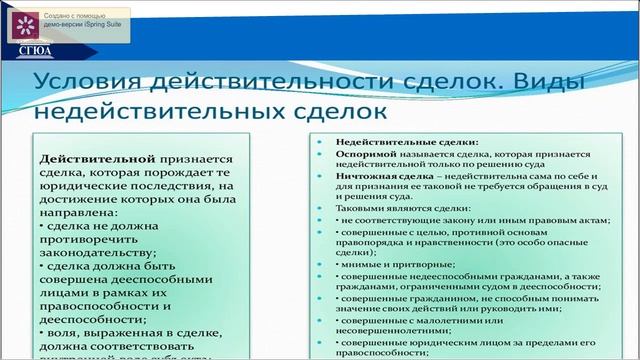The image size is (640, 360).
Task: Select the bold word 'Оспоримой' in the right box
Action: [365, 156]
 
